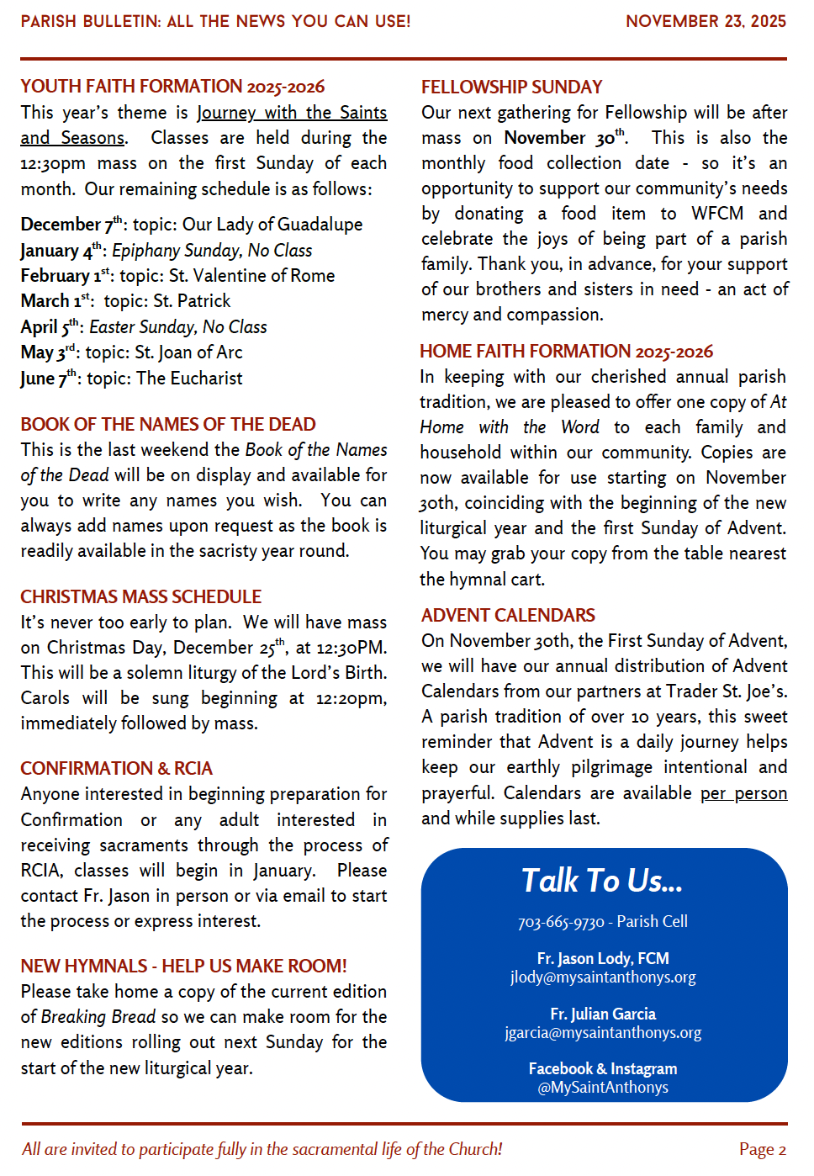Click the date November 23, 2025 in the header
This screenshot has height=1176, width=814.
706,21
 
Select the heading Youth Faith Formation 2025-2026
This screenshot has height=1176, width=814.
172,87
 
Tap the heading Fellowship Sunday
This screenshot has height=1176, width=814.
511,87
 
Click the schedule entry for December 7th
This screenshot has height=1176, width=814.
192,225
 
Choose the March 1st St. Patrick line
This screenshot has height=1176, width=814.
125,301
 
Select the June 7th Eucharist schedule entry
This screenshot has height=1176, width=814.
131,379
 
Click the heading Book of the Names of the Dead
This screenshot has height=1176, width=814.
168,425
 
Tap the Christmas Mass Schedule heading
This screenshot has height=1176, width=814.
141,597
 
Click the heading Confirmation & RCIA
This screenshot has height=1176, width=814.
116,769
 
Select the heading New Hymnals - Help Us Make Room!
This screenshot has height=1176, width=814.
183,967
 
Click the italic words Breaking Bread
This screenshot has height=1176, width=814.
98,1017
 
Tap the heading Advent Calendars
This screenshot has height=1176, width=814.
508,616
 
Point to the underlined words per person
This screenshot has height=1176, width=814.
743,793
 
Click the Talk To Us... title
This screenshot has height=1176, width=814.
602,881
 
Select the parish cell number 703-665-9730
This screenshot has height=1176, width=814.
561,922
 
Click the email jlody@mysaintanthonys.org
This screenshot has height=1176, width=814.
603,977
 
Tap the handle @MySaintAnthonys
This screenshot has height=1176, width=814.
603,1088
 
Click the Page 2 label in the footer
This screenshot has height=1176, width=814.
762,1150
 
